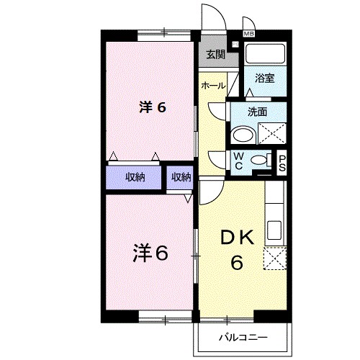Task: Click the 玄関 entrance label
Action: (x=215, y=55)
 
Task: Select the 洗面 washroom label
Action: (x=258, y=112)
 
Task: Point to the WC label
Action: (x=238, y=161)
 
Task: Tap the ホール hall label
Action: (x=213, y=86)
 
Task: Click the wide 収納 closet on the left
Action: (x=135, y=177)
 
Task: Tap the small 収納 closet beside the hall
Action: (x=181, y=177)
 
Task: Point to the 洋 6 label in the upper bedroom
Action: (x=153, y=108)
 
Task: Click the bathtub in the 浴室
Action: (x=265, y=55)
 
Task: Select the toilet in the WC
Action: (x=264, y=161)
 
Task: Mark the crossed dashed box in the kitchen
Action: (x=275, y=258)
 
